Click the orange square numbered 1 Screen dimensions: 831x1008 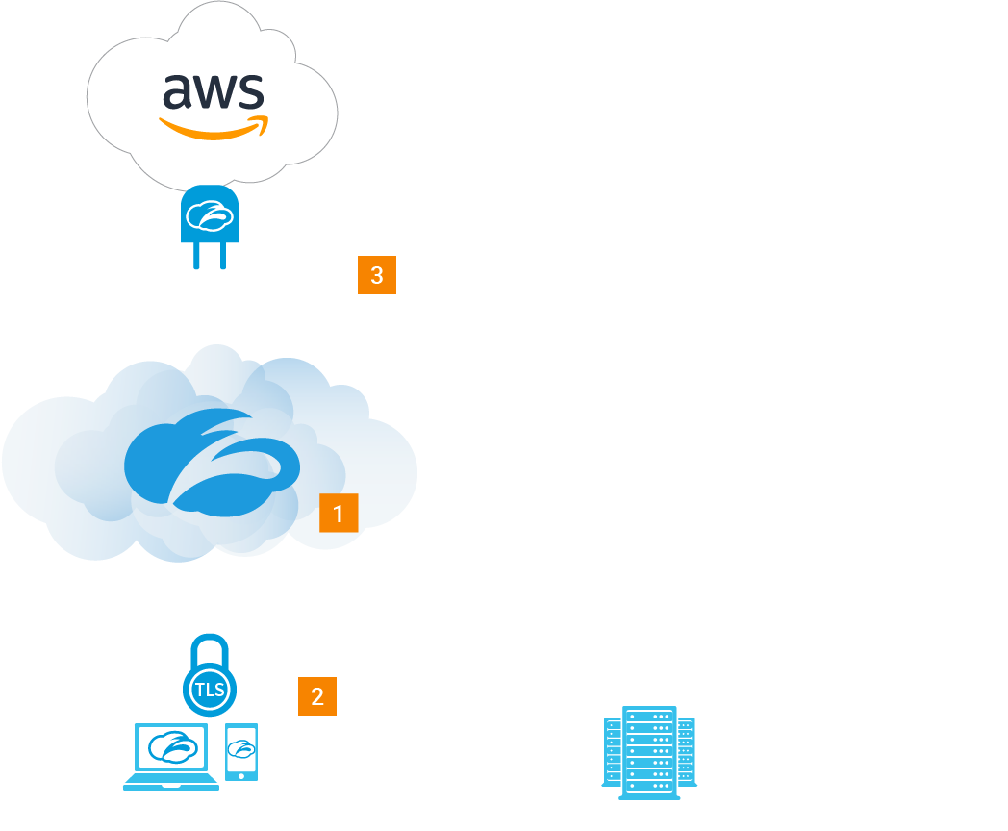pyautogui.click(x=339, y=514)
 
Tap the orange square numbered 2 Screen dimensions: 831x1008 pyautogui.click(x=317, y=696)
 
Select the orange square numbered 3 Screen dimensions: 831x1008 pyautogui.click(x=377, y=275)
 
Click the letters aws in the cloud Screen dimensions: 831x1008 pyautogui.click(x=213, y=91)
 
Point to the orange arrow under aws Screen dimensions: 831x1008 pyautogui.click(x=214, y=129)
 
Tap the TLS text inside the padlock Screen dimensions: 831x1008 pyautogui.click(x=210, y=690)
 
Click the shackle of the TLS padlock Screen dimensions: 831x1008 pyautogui.click(x=210, y=649)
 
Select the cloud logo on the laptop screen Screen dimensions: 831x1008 pyautogui.click(x=173, y=746)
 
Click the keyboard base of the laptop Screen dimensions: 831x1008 pyautogui.click(x=171, y=784)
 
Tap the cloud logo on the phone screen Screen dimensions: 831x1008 pyautogui.click(x=241, y=747)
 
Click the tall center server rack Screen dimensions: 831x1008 pyautogui.click(x=649, y=752)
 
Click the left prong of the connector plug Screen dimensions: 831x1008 pyautogui.click(x=197, y=256)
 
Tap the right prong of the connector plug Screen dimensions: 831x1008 pyautogui.click(x=222, y=256)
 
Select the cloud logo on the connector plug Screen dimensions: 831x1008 pyautogui.click(x=210, y=215)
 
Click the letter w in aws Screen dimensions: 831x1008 pyautogui.click(x=214, y=91)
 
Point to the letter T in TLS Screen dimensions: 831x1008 pyautogui.click(x=200, y=690)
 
